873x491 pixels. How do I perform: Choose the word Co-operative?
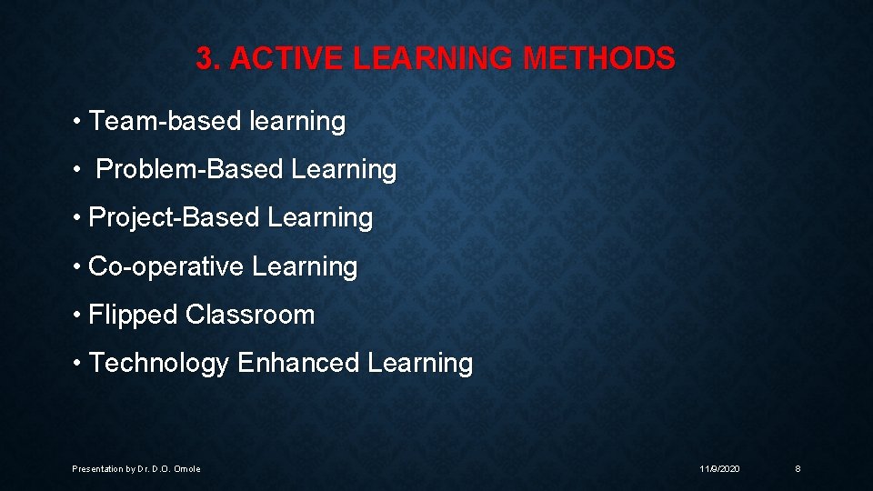pos(166,266)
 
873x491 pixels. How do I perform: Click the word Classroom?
pos(250,315)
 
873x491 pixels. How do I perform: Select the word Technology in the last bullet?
pos(159,364)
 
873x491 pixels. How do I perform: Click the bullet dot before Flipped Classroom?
pos(79,315)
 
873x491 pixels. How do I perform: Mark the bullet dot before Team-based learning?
pos(79,121)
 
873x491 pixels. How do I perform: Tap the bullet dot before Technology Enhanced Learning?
pos(79,363)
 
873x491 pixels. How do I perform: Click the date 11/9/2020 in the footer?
pos(719,468)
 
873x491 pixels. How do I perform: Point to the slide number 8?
pos(798,468)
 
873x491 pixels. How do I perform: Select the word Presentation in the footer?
pos(96,469)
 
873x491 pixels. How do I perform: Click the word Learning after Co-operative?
pos(305,266)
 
